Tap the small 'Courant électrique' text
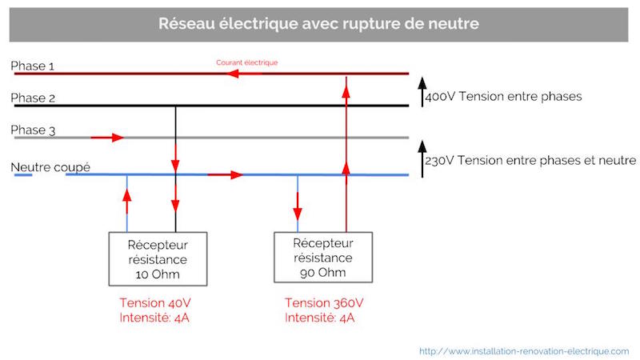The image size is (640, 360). coord(246,62)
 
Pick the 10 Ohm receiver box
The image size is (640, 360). coord(158,258)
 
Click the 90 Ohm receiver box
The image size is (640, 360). coord(322,257)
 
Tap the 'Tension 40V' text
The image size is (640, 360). coord(155,303)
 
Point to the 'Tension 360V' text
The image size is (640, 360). coord(324,303)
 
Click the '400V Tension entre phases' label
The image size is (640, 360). coord(503,96)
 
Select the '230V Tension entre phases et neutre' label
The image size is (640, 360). coord(530,160)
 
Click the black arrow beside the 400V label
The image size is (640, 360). coord(421,90)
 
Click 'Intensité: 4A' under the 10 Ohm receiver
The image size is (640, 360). coord(155,318)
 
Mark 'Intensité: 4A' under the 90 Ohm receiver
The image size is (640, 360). coord(320,318)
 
